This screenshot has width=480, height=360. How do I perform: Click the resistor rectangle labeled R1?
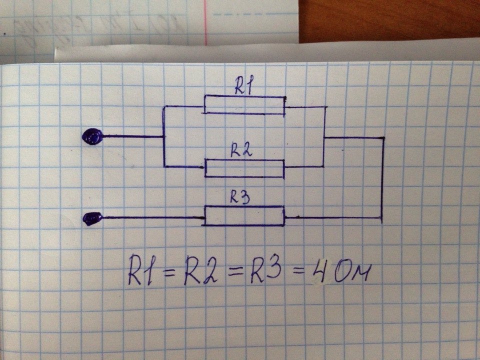pos(243,105)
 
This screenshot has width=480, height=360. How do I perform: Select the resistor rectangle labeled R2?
pos(243,168)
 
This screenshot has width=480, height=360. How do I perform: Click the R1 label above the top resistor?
pos(244,88)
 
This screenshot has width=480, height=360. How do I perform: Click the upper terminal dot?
pos(92,135)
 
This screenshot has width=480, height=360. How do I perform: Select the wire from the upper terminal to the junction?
pos(132,136)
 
